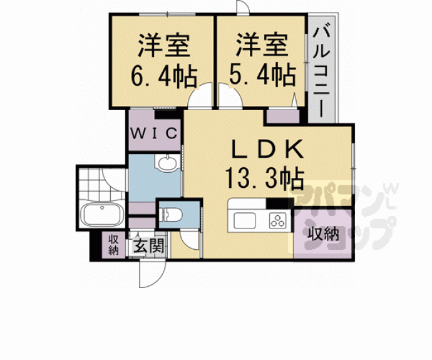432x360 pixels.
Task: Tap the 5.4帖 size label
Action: click(x=263, y=76)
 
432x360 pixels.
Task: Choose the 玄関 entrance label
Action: click(x=148, y=244)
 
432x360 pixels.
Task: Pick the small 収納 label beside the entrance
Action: click(x=113, y=244)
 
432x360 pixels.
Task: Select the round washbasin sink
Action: click(x=167, y=165)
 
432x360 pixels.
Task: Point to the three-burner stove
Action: click(x=277, y=220)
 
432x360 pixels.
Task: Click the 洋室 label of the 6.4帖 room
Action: click(x=163, y=47)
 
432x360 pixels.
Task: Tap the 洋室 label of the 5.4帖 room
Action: click(x=262, y=47)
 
